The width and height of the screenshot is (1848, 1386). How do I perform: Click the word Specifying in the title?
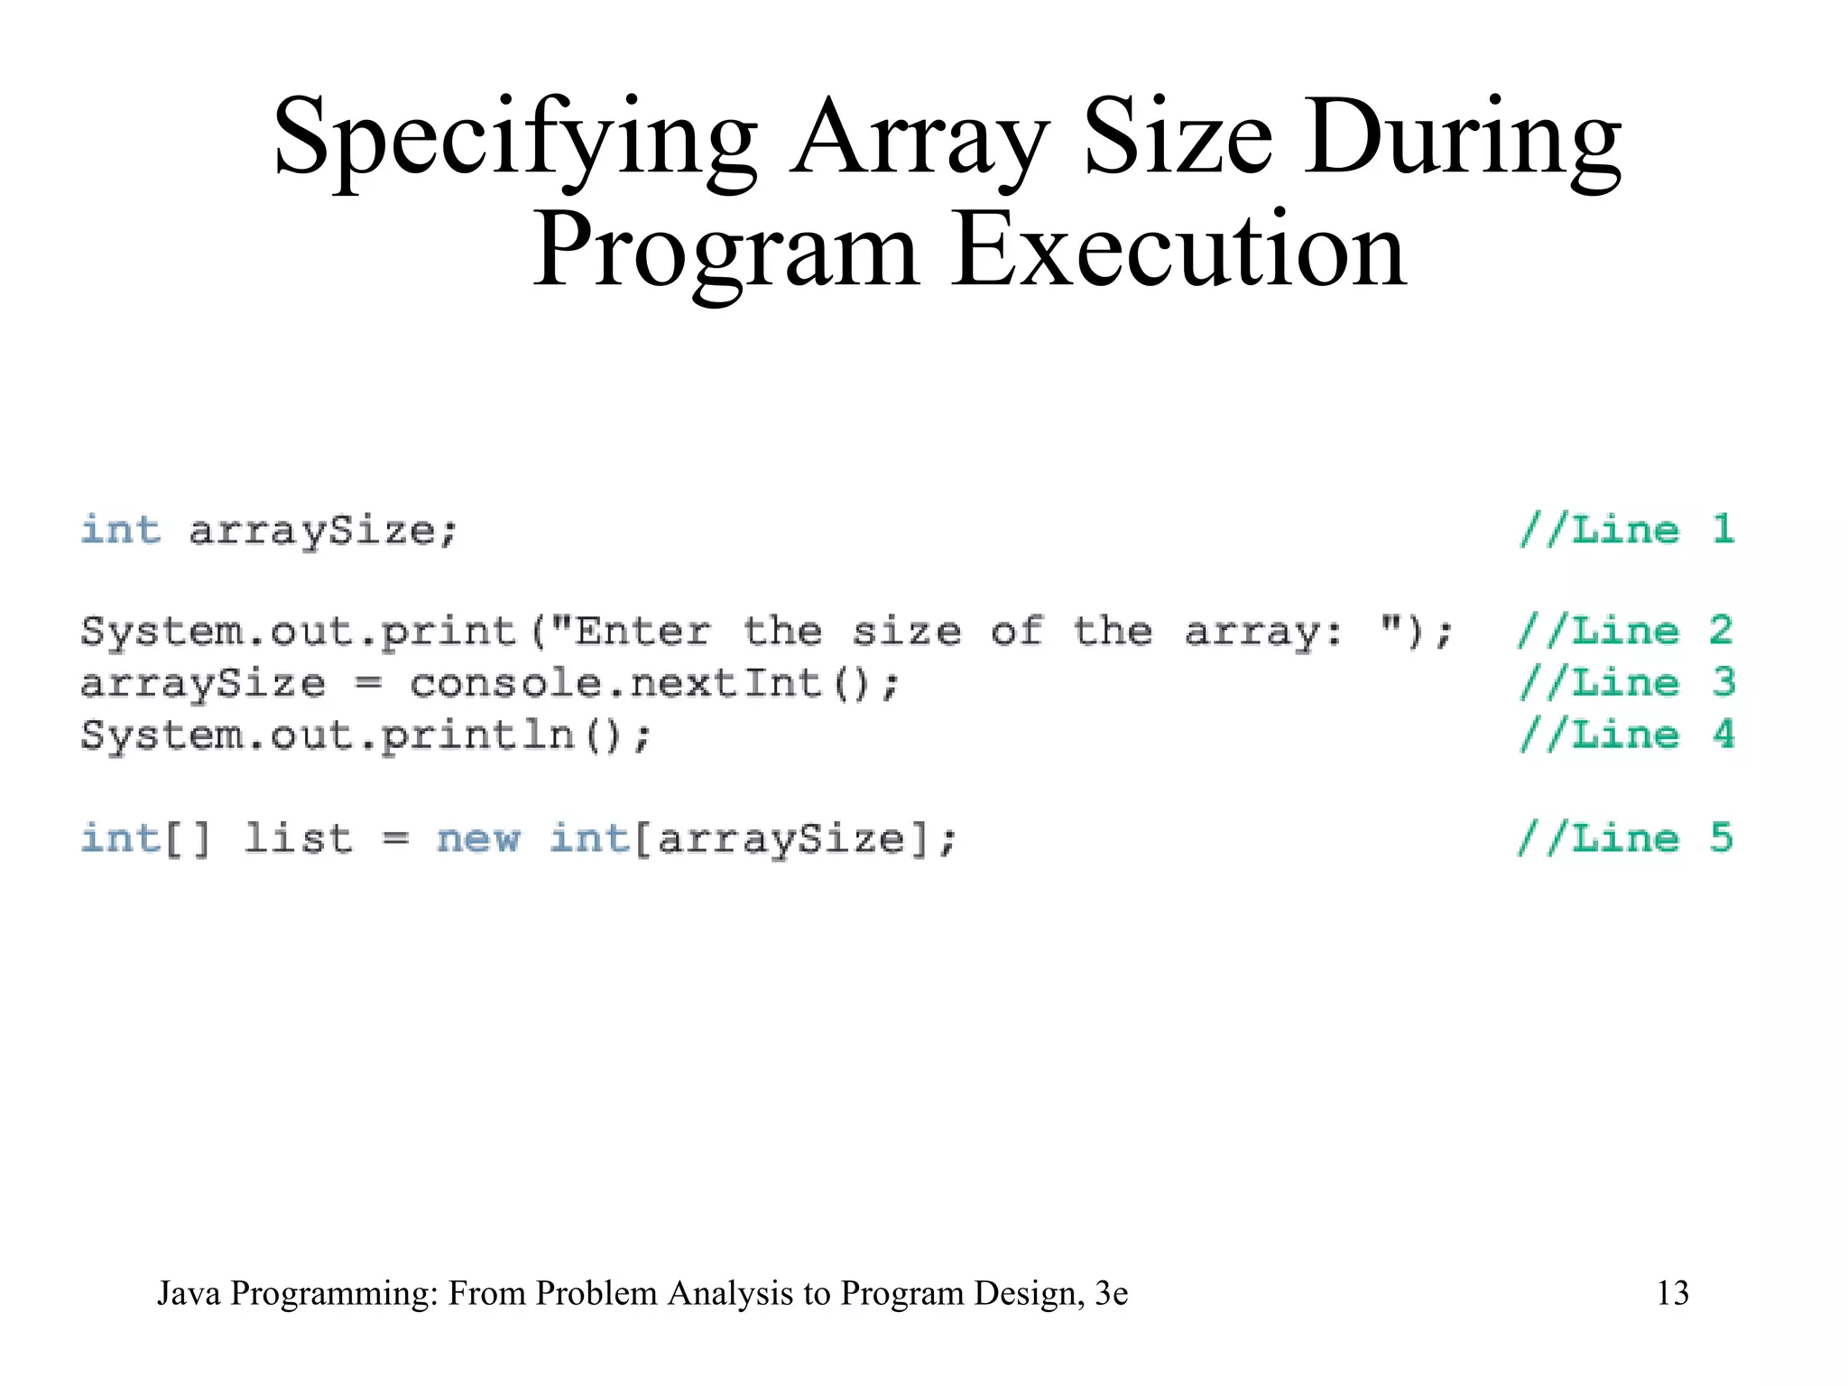tap(515, 140)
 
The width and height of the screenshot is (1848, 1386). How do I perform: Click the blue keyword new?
tap(478, 838)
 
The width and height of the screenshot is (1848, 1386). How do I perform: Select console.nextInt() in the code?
tap(654, 683)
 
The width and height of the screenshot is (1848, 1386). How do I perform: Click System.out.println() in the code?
tap(365, 735)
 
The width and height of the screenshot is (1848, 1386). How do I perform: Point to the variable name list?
tap(298, 838)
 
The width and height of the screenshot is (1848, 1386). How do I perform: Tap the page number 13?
tap(1672, 1293)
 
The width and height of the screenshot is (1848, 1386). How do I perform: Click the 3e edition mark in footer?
tap(1111, 1293)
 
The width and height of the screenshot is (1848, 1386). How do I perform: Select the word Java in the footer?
tap(189, 1293)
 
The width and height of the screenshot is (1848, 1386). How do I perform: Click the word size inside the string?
tap(906, 631)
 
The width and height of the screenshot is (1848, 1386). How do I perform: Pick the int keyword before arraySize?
tap(121, 530)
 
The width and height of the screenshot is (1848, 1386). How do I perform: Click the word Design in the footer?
tap(1028, 1293)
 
